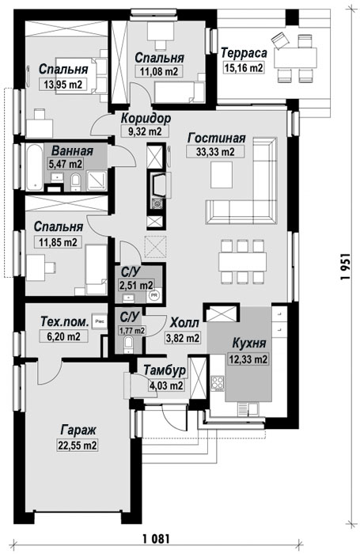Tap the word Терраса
point(244,53)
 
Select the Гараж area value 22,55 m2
point(77,445)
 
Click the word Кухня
point(249,343)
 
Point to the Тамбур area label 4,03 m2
point(166,386)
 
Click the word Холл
point(185,323)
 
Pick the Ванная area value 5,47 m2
point(66,164)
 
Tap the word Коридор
point(146,118)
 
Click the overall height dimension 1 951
point(346,267)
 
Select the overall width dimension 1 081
point(157,539)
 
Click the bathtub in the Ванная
point(35,167)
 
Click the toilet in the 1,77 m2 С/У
point(129,343)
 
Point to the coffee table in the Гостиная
point(222,175)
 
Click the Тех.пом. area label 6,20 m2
point(63,336)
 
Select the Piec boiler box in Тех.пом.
point(99,321)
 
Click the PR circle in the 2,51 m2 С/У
point(154,294)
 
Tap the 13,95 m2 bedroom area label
point(63,84)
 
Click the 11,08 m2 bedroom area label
point(158,71)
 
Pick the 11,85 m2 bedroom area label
point(58,242)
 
